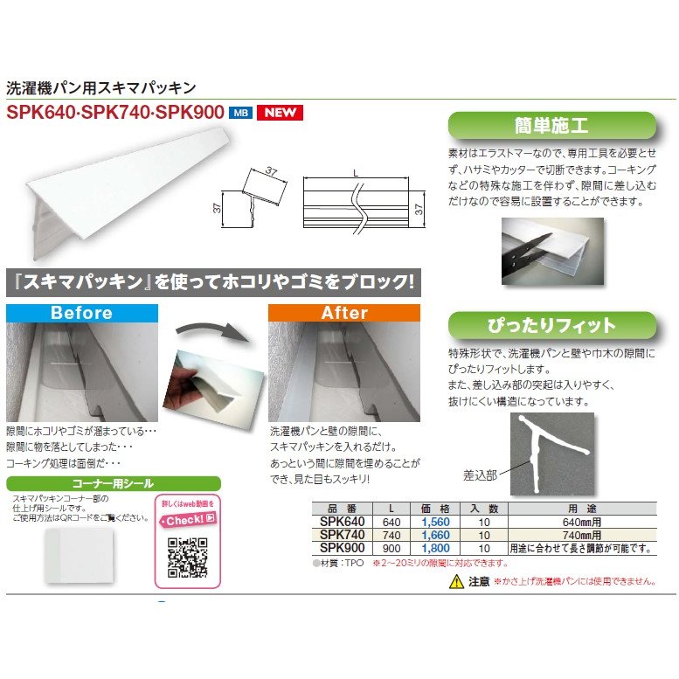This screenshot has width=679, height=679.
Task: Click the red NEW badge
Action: tap(280, 112)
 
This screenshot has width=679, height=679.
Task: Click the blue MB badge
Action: tap(239, 112)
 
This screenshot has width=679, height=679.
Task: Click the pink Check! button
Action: tap(187, 518)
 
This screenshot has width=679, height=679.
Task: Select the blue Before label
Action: tap(81, 313)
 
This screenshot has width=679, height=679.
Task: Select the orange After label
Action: tap(344, 313)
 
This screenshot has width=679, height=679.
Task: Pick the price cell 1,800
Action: tap(423, 547)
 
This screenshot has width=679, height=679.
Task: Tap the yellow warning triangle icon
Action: tap(455, 581)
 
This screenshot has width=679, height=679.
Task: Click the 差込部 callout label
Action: tap(480, 475)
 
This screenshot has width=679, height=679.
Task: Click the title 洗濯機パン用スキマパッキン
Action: tap(100, 87)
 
